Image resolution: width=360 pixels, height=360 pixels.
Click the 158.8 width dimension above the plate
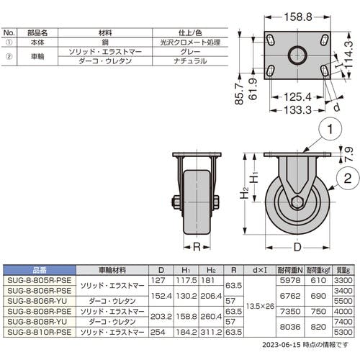click(298, 17)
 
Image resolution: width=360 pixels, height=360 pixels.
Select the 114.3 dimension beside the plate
click(349, 54)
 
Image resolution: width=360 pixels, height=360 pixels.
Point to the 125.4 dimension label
click(297, 97)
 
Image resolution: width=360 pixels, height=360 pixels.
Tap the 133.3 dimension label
click(297, 110)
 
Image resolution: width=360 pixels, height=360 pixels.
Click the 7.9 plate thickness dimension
click(348, 154)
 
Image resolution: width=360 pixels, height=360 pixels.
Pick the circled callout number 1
click(330, 129)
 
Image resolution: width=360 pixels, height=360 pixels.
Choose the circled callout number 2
click(348, 179)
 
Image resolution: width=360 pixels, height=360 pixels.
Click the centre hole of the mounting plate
click(297, 55)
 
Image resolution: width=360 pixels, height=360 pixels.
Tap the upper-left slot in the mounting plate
click(271, 40)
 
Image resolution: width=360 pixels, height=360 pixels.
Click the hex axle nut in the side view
click(297, 202)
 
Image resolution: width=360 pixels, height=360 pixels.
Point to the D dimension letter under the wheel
click(297, 247)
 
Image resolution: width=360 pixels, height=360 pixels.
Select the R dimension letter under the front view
click(197, 247)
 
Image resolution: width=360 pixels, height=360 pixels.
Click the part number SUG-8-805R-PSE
click(40, 280)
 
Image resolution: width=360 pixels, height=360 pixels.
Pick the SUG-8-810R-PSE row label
click(40, 332)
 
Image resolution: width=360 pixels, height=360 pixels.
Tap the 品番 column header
click(40, 270)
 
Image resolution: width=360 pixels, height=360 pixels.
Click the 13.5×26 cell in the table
click(260, 306)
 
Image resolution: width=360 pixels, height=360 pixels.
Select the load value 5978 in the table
click(290, 280)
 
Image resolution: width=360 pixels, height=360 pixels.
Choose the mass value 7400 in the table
click(343, 322)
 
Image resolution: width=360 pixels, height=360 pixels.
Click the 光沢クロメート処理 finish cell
click(190, 42)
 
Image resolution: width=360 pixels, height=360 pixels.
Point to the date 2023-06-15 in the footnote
click(282, 345)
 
